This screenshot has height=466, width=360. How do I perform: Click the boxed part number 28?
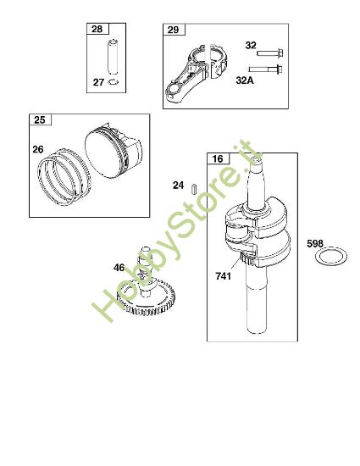click(x=95, y=31)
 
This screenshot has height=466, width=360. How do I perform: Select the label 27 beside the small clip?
click(x=99, y=83)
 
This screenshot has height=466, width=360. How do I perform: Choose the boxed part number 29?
click(x=173, y=31)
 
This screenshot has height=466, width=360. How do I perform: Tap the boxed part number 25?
click(x=39, y=120)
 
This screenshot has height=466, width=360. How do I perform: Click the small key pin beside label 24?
click(x=193, y=186)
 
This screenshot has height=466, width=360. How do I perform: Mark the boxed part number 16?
click(x=217, y=159)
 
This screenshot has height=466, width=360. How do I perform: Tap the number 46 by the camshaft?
click(x=119, y=268)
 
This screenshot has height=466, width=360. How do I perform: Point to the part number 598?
click(x=315, y=243)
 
